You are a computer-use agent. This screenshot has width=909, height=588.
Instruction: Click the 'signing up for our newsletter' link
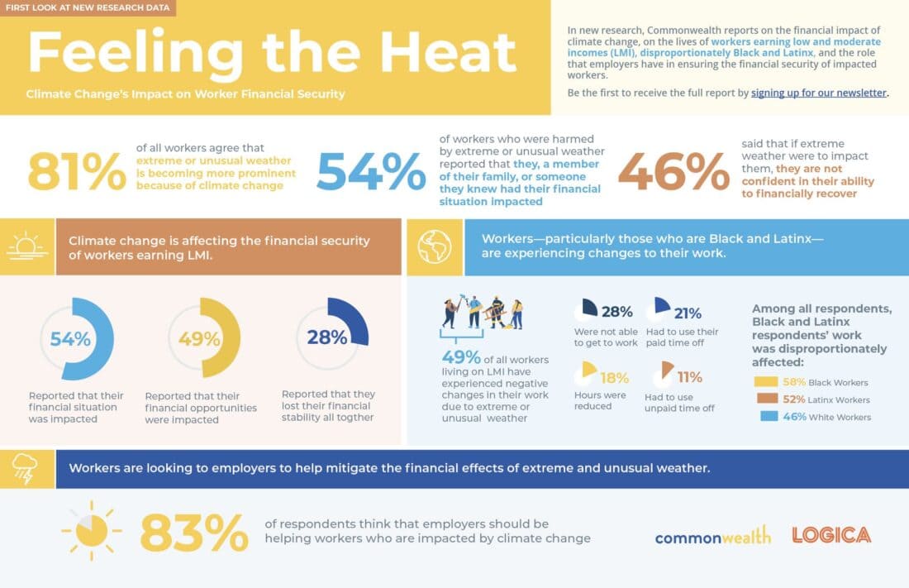coord(818,93)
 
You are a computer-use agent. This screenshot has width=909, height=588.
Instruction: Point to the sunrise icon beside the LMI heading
coord(27,246)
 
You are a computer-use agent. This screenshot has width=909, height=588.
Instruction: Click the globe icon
coord(435,246)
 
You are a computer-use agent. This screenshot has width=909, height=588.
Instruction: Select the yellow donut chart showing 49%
coord(204,338)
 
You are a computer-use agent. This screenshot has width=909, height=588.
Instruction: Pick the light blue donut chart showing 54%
coord(77,338)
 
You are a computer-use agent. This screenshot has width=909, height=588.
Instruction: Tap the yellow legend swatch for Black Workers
coord(766,382)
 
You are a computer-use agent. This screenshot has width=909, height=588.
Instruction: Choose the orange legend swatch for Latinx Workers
coord(766,399)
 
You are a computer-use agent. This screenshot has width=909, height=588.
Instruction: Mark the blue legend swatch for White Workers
coord(766,417)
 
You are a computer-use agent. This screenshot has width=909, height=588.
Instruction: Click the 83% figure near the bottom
coord(194,533)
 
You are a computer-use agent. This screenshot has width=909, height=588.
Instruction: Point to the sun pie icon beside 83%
coord(91,529)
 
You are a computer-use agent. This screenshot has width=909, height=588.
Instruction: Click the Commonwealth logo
coord(712,536)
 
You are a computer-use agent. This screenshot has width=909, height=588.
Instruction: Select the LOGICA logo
coord(830,535)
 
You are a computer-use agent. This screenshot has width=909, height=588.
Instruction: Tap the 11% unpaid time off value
coord(689,377)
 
